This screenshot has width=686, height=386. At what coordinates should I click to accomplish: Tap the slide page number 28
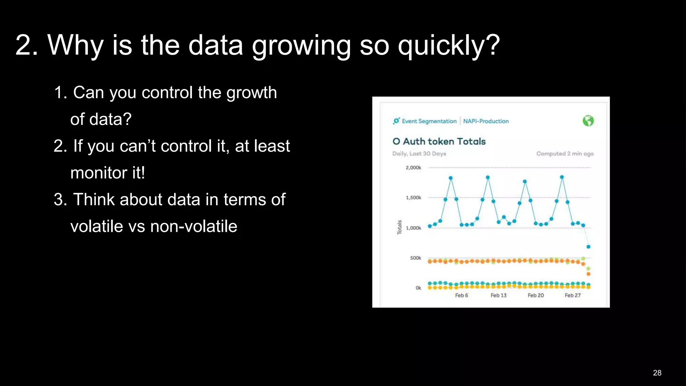click(657, 373)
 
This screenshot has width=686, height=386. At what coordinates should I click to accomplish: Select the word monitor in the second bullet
click(99, 173)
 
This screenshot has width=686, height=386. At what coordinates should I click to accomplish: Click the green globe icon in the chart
click(588, 121)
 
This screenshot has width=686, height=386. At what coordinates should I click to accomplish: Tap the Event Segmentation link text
click(429, 121)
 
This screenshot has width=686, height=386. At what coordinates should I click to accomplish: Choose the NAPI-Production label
click(486, 121)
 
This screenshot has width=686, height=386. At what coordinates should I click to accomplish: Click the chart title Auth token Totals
click(444, 141)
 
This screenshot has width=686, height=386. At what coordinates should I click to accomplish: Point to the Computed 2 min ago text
click(565, 154)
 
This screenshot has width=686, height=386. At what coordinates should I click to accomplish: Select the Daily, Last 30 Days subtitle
click(419, 154)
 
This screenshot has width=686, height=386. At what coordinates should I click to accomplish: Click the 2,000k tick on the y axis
click(413, 168)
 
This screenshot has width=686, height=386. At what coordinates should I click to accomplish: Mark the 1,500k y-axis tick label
click(413, 198)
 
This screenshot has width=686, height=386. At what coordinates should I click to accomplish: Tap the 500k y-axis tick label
click(415, 258)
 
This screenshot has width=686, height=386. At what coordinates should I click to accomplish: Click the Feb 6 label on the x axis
click(461, 295)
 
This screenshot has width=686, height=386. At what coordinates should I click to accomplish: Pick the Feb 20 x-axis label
click(536, 295)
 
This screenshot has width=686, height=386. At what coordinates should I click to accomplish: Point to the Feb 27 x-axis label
click(572, 295)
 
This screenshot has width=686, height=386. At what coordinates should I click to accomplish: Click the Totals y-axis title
click(399, 227)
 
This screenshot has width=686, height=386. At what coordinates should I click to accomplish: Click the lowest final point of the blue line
click(588, 247)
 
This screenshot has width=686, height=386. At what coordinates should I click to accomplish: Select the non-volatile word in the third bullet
click(194, 226)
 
